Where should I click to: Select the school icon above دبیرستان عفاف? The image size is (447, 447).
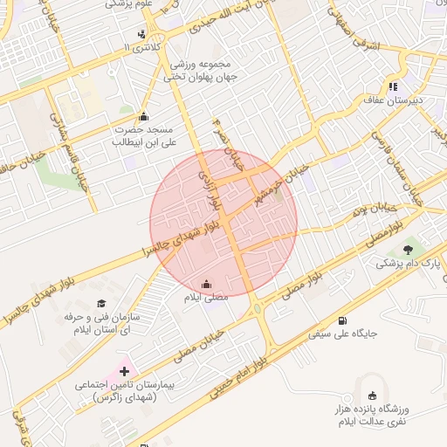pos(394,86)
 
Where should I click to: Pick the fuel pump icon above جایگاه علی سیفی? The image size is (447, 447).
pos(340,320)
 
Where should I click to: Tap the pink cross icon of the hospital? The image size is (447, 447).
pos(123,370)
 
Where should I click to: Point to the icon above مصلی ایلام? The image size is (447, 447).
pos(206,284)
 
